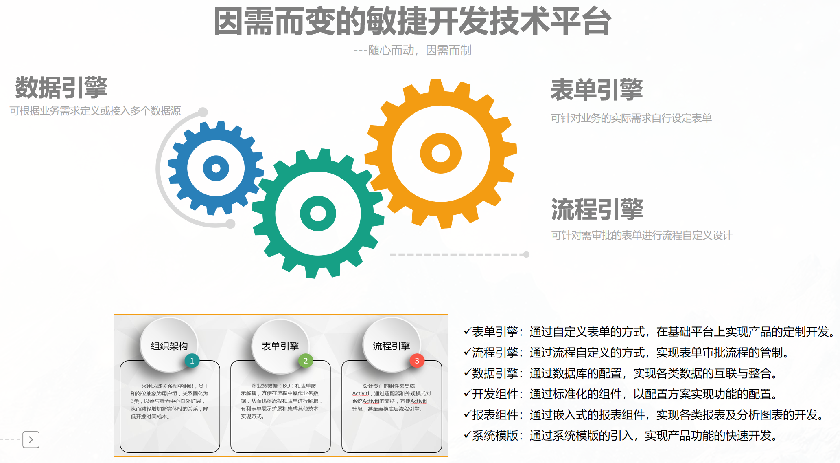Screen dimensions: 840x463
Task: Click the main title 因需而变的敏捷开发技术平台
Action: (x=412, y=22)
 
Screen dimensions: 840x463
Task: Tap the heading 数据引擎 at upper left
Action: (x=61, y=88)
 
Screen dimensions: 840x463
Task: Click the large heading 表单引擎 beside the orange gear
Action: (x=597, y=90)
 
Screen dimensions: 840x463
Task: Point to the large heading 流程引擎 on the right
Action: (x=597, y=209)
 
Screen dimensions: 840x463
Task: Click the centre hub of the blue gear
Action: (x=216, y=168)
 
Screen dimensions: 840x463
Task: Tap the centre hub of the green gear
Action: (x=318, y=213)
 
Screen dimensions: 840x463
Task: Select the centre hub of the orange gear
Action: (x=441, y=153)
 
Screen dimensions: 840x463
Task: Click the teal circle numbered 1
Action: (x=192, y=361)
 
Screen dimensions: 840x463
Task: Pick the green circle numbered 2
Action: (x=306, y=361)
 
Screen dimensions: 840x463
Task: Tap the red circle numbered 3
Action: (x=417, y=361)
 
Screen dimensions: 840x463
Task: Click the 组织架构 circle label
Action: (x=169, y=346)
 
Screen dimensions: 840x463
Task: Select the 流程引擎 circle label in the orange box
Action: (x=392, y=346)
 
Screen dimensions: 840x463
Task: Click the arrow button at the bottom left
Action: (x=31, y=440)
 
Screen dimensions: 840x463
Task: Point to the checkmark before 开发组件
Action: (x=467, y=394)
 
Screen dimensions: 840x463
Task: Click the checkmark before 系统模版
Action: (x=467, y=435)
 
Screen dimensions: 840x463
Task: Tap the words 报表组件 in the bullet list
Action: (x=495, y=415)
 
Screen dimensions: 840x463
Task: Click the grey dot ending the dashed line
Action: (x=526, y=254)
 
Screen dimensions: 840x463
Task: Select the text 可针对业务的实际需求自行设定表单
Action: (x=631, y=118)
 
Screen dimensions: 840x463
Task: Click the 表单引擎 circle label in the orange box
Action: (x=280, y=346)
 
